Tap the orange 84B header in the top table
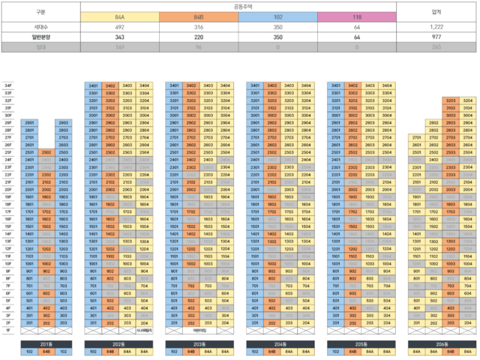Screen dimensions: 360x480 pos(199,16)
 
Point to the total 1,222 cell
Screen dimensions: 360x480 pos(436,26)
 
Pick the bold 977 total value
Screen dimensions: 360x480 pos(436,36)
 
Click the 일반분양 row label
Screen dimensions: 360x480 pos(40,36)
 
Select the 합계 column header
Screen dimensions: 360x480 pos(436,11)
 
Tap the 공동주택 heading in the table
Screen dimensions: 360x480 pos(238,6)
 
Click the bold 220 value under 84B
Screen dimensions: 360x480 pos(199,36)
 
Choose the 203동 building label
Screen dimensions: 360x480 pos(198,343)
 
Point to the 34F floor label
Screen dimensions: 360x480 pos(8,86)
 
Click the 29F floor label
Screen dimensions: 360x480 pos(8,122)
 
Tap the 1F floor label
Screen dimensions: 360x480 pos(8,330)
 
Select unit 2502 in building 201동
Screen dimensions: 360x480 pos(46,152)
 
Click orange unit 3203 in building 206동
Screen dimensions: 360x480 pos(451,100)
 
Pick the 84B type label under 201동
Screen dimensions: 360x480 pos(46,351)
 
